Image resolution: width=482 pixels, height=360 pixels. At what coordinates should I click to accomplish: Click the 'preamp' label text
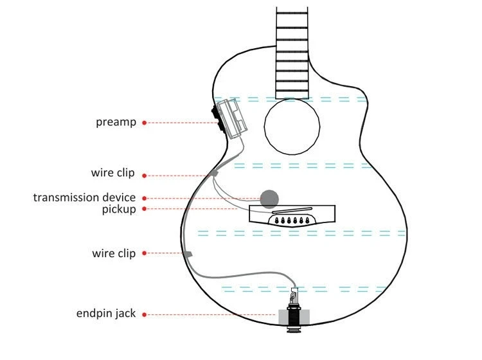[116, 122]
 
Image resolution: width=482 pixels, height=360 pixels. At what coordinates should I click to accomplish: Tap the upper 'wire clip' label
[113, 174]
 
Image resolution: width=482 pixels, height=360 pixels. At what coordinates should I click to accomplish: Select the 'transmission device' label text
[84, 198]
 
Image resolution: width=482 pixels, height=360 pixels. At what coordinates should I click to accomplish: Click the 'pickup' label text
[119, 210]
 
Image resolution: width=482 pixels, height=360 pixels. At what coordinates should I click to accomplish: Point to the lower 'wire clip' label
[113, 253]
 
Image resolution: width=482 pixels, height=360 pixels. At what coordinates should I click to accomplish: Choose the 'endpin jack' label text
[106, 314]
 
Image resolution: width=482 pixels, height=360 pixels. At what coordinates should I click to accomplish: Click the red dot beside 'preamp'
[145, 122]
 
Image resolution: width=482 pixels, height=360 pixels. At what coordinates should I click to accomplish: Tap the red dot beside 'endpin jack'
[145, 314]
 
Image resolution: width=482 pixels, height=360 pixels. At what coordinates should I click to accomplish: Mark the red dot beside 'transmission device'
[145, 198]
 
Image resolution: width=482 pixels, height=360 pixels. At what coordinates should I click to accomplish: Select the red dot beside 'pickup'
[145, 209]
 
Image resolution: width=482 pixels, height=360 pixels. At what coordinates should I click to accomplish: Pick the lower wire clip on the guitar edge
[188, 255]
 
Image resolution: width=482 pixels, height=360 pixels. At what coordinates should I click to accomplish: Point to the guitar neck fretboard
[292, 51]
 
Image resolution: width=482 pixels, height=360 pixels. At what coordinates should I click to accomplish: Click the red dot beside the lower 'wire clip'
[145, 253]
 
